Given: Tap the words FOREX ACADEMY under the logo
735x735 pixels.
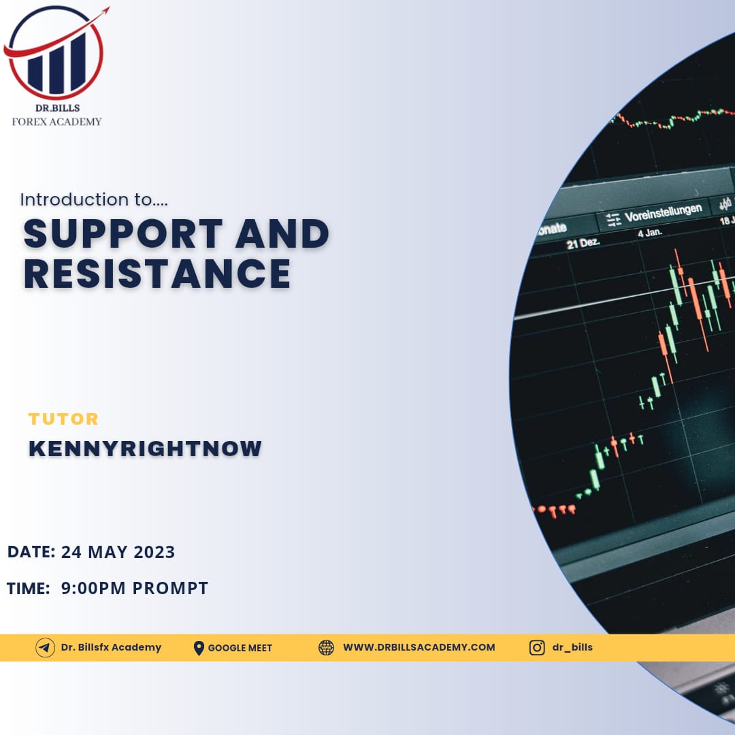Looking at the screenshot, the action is [56, 122].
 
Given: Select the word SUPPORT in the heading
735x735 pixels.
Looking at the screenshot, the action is [123, 233].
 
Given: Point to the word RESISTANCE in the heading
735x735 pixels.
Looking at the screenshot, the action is [157, 274].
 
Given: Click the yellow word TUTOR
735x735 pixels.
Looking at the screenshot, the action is [63, 419].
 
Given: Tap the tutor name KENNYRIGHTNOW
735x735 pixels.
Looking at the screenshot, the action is [145, 448].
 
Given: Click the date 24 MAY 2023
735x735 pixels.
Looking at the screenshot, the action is [118, 552].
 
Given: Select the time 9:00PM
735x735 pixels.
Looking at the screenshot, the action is [93, 588].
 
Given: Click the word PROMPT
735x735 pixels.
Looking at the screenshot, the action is [171, 588].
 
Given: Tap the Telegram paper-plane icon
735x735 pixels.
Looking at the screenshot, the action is [45, 648].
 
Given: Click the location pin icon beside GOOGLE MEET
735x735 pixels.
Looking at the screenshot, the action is [199, 649].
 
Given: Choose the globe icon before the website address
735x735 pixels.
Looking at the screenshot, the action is [326, 648].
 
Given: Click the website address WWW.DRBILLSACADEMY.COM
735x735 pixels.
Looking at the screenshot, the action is [419, 647].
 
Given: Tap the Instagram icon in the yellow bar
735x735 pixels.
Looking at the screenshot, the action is [537, 648].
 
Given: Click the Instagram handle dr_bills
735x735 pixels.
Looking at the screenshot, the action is [572, 647].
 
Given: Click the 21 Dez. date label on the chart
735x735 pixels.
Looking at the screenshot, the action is [583, 243].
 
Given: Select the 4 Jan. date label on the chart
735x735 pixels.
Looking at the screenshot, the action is [650, 233].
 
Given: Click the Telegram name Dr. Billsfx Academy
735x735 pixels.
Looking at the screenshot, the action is [111, 647].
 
